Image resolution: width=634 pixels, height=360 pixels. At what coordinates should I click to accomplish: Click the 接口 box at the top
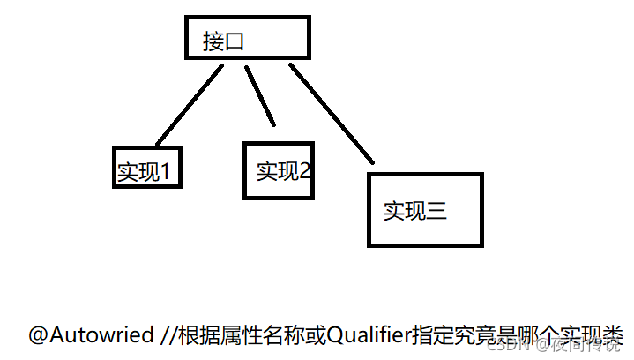pyautogui.click(x=248, y=38)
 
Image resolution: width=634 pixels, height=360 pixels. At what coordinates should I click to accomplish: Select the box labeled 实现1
pyautogui.click(x=148, y=166)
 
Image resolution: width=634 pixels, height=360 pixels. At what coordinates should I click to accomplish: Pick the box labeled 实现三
pyautogui.click(x=424, y=209)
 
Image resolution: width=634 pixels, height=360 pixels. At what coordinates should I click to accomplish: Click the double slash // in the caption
pyautogui.click(x=168, y=335)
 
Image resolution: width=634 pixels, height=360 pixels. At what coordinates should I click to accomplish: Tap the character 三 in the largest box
pyautogui.click(x=437, y=211)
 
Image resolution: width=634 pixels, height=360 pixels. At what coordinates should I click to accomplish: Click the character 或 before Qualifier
pyautogui.click(x=304, y=335)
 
